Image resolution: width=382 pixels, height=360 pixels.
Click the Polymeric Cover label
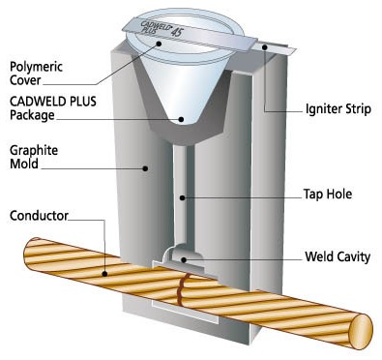36,74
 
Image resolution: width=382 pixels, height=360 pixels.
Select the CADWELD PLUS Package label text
53,108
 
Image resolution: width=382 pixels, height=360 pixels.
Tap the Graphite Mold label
34,157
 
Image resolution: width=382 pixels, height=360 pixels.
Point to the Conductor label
39,216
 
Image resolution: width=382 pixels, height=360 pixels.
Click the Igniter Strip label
338,109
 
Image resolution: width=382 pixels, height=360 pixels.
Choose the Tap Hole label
328,195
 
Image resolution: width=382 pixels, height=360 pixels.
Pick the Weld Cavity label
338,256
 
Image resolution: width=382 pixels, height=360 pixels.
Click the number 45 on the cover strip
177,32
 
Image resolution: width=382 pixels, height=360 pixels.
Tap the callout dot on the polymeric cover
159,43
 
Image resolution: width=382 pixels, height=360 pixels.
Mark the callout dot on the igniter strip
265,47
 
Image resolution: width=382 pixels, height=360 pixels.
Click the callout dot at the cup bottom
181,119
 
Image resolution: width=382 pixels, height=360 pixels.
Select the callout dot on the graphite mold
145,168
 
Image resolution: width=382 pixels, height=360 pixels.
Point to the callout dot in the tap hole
183,197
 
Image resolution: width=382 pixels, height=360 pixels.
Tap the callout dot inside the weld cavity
184,259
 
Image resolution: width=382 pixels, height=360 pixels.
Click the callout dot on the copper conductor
104,274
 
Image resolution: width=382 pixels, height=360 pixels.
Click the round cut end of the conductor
361,332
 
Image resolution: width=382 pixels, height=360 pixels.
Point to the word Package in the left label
32,115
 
